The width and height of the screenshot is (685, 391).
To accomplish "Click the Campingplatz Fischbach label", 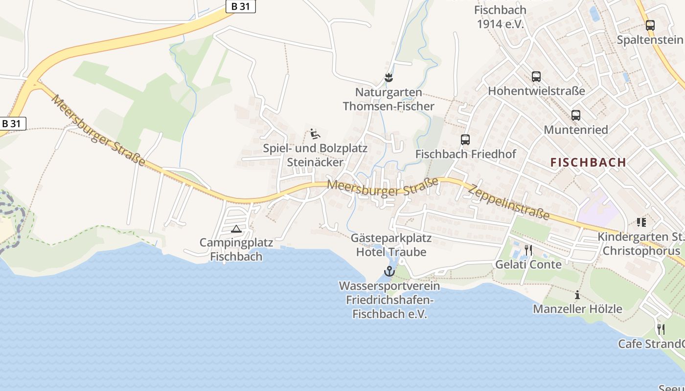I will click(236, 249).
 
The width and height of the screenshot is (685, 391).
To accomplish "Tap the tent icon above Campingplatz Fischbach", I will click(236, 229).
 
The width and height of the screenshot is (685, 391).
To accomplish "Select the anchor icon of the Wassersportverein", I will click(389, 271).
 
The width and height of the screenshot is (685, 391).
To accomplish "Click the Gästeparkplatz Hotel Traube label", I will click(391, 245).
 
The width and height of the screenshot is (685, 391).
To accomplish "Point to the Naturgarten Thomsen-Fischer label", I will click(388, 99).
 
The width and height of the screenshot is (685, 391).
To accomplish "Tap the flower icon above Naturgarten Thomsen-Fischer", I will click(388, 77).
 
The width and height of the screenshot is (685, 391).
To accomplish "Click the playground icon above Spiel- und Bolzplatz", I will click(315, 133).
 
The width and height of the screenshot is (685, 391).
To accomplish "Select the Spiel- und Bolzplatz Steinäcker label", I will click(315, 155).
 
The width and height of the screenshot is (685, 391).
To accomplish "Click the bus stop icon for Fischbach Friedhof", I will click(465, 140).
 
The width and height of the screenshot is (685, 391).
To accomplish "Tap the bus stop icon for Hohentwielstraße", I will click(536, 77).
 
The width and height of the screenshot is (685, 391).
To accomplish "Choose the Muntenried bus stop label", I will click(576, 130).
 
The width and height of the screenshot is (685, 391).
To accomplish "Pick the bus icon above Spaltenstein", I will click(650, 25).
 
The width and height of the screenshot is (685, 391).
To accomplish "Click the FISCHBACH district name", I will click(588, 163).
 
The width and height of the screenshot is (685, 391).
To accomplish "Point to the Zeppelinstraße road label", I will click(509, 202).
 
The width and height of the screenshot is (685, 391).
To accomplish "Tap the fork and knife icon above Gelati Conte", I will click(528, 250).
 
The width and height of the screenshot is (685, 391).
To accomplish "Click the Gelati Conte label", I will click(528, 264).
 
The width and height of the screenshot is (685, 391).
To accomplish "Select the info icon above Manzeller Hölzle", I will click(577, 295).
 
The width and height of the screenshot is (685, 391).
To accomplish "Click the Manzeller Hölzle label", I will click(577, 309).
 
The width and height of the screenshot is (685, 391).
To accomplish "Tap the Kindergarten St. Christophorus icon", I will click(641, 222).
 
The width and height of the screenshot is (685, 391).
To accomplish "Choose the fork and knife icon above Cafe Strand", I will click(661, 329).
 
